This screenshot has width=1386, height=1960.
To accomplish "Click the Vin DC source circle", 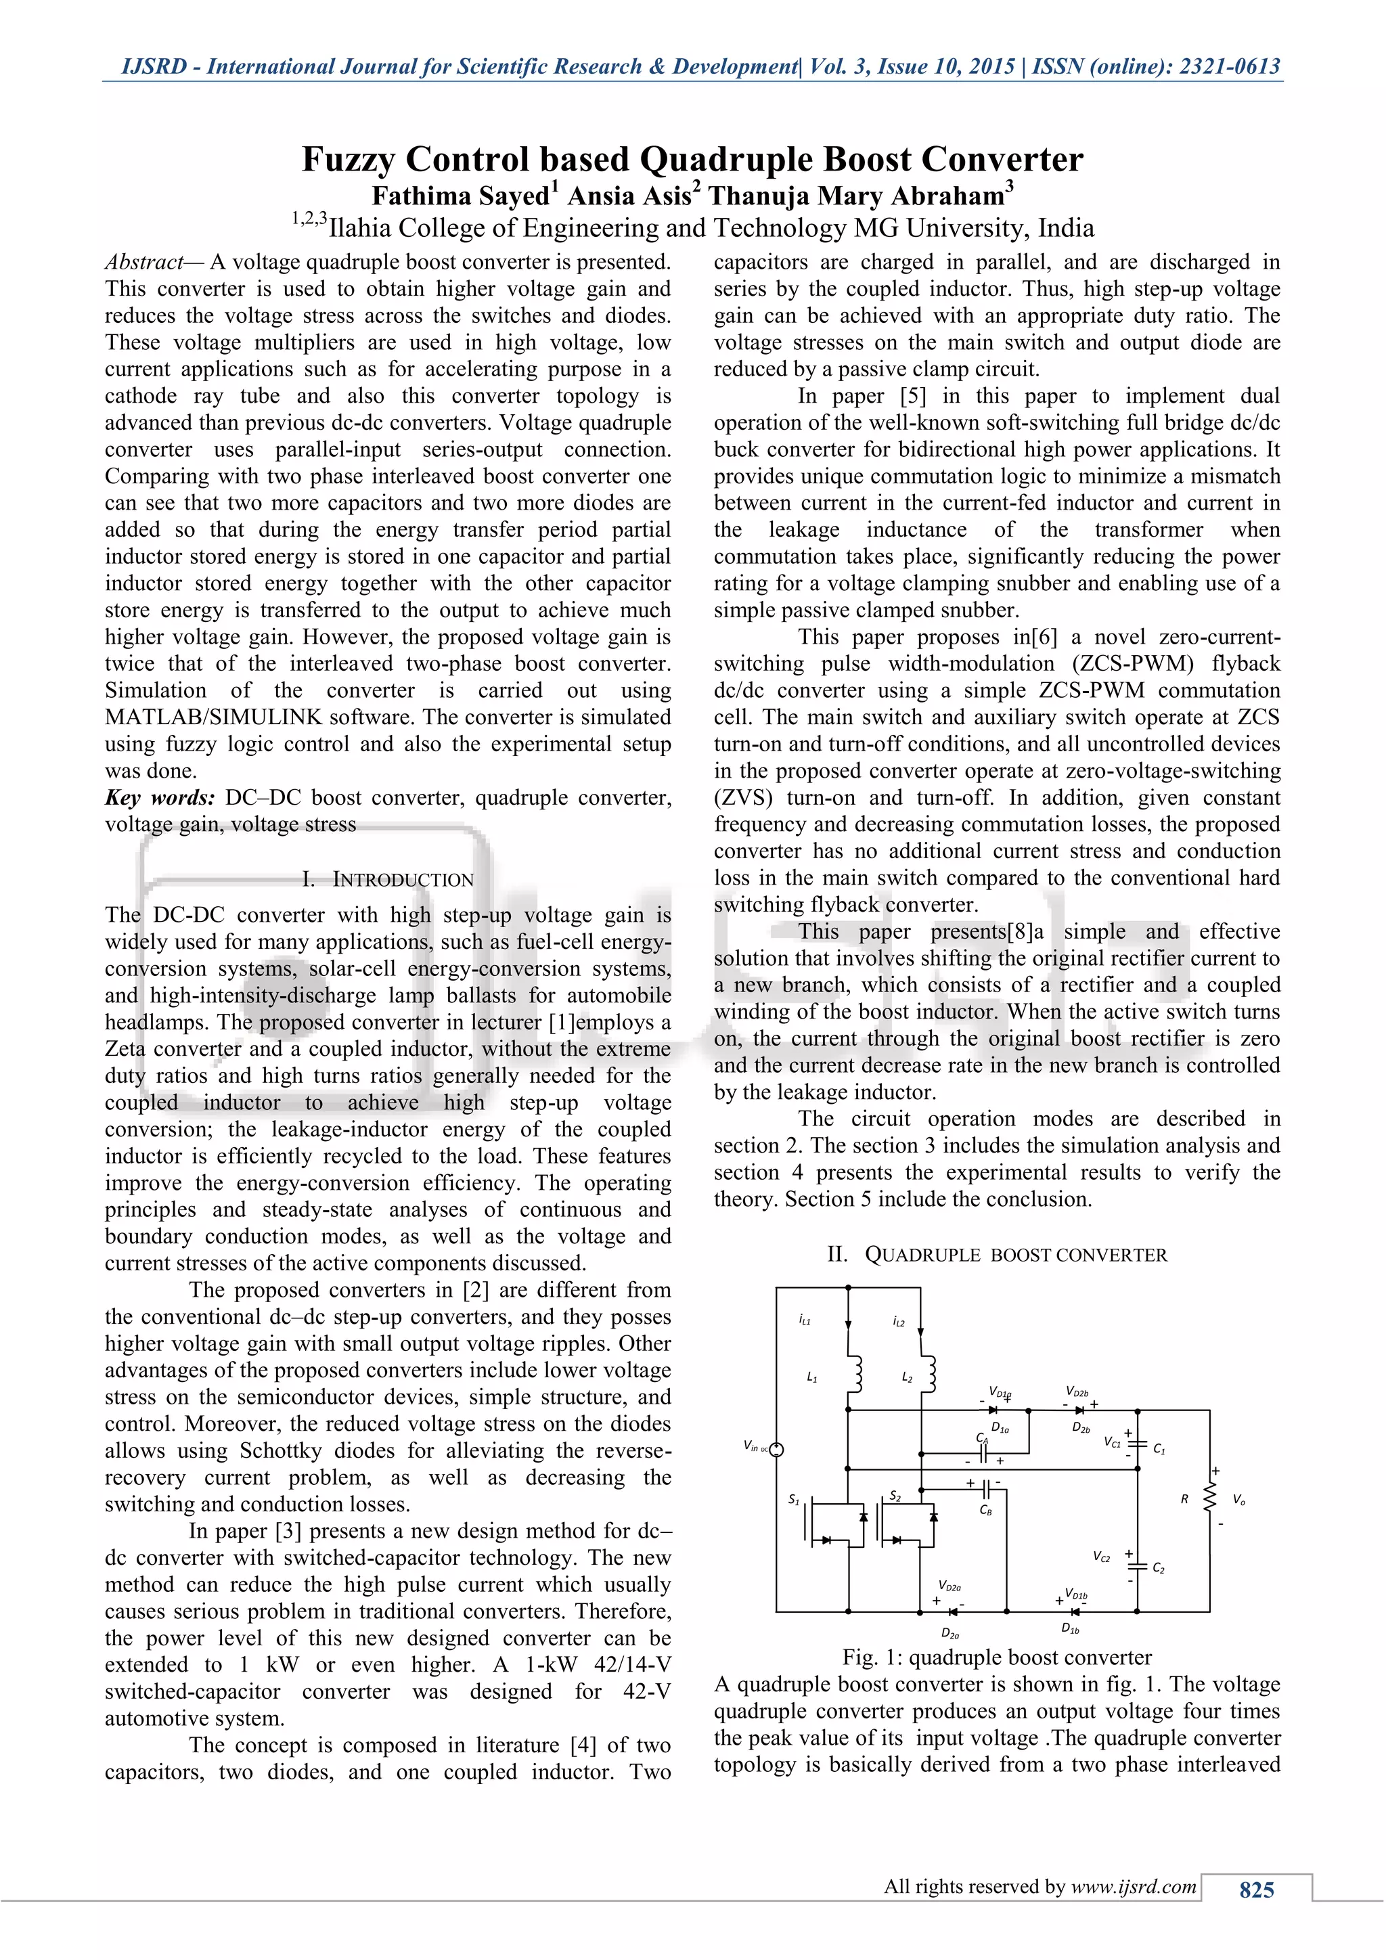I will tap(777, 1448).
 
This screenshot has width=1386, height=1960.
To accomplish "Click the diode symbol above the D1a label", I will tap(991, 1410).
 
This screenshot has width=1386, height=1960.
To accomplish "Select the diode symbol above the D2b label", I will tap(1079, 1410).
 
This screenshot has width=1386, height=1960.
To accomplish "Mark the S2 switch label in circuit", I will tap(895, 1496).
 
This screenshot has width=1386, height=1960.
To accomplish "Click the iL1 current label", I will tap(804, 1320).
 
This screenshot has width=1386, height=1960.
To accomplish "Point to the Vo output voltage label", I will tap(1238, 1500).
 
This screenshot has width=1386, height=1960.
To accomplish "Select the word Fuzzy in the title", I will tap(349, 160).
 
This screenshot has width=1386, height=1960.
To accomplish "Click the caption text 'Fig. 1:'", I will tap(872, 1657).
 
